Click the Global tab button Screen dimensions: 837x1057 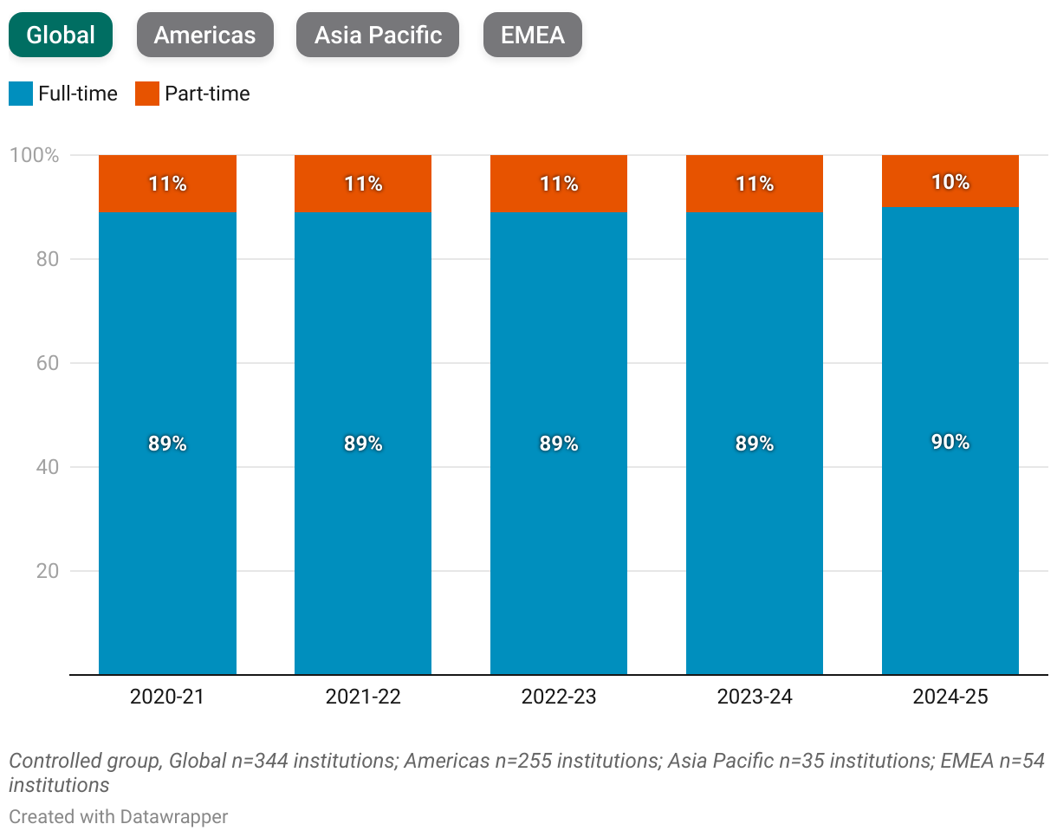(61, 35)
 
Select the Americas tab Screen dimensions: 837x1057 (204, 35)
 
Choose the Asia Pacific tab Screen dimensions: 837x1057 (378, 35)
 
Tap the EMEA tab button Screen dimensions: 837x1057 (532, 35)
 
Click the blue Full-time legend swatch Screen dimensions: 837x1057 (21, 94)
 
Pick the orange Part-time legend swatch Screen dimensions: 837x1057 (147, 94)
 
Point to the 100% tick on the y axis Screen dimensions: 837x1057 (34, 156)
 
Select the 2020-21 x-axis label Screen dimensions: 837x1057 (167, 697)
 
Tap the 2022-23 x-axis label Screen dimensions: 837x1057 (559, 697)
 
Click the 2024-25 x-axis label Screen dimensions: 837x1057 (950, 697)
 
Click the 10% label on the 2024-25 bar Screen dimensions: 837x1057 (950, 182)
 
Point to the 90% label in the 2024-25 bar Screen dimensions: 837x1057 (950, 442)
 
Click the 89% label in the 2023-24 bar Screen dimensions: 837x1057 (755, 444)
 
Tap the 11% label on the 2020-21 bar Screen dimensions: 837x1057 (167, 184)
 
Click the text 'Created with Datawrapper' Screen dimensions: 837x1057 (119, 816)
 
